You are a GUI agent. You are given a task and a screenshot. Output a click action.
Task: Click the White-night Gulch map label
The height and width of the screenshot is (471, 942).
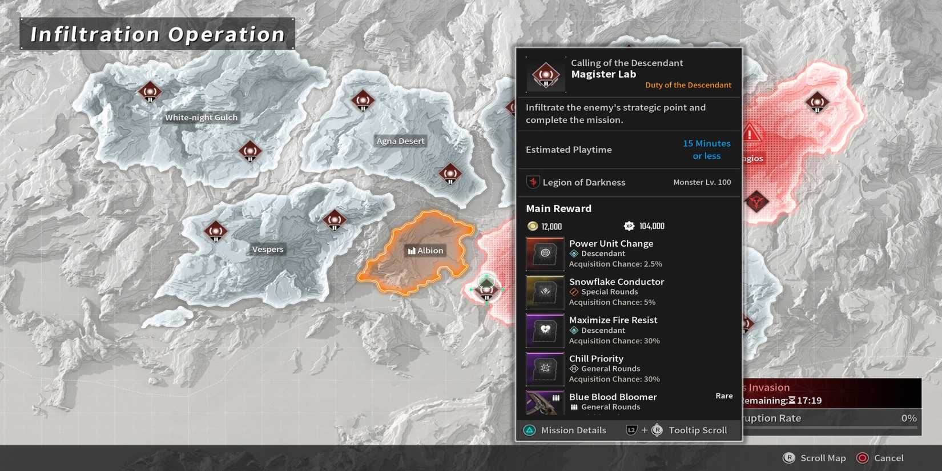pyautogui.click(x=201, y=118)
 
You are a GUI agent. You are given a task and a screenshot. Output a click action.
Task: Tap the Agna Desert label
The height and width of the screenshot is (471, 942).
pyautogui.click(x=400, y=141)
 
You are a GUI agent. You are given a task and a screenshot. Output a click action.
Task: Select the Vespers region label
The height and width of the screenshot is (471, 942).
pyautogui.click(x=268, y=249)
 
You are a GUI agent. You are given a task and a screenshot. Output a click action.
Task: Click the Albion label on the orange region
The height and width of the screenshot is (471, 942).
pyautogui.click(x=425, y=251)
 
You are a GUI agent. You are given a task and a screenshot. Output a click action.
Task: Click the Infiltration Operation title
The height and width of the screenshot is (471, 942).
pyautogui.click(x=158, y=34)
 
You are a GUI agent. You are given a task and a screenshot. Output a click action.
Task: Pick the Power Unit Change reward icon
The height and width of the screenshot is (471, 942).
pyautogui.click(x=545, y=253)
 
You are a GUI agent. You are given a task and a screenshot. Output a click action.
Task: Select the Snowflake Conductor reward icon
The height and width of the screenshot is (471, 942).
pyautogui.click(x=545, y=292)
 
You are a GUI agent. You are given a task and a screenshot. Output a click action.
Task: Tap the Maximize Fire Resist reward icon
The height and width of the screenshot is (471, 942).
pyautogui.click(x=545, y=330)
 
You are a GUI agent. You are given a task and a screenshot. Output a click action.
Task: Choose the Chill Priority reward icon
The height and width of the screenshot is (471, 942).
pyautogui.click(x=545, y=368)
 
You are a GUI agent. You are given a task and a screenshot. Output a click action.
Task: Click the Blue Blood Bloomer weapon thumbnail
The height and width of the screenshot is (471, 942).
pyautogui.click(x=545, y=402)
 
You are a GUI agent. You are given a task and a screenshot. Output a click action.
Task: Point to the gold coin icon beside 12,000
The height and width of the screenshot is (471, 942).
pyautogui.click(x=533, y=226)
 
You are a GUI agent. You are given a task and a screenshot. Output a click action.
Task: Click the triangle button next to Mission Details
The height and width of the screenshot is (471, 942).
pyautogui.click(x=530, y=430)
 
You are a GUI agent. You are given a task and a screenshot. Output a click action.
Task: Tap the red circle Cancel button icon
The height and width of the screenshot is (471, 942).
pyautogui.click(x=862, y=458)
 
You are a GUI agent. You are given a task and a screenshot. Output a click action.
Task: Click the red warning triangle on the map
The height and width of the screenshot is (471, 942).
pyautogui.click(x=751, y=134)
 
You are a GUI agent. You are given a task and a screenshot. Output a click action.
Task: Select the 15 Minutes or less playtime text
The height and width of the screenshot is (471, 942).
pyautogui.click(x=706, y=150)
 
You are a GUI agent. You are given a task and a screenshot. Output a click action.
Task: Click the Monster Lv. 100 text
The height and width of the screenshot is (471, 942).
pyautogui.click(x=702, y=182)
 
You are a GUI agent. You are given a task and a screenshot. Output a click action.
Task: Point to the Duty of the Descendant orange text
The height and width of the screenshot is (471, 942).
pyautogui.click(x=688, y=85)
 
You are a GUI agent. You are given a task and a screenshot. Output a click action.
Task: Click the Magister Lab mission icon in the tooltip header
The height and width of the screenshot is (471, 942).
pyautogui.click(x=546, y=75)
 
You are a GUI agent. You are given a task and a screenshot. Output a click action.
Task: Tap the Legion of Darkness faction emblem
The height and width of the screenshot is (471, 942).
pyautogui.click(x=533, y=182)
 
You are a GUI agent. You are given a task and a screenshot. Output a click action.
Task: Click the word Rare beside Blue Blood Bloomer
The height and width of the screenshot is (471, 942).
pyautogui.click(x=724, y=396)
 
